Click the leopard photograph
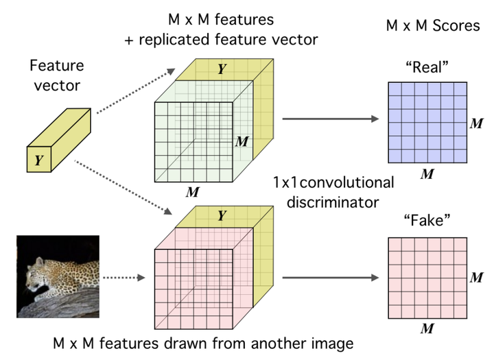58,276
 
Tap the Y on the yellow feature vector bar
38,160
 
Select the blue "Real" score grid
427,123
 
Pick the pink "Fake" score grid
427,278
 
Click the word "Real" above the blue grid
427,67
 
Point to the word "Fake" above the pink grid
427,220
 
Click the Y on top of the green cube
222,69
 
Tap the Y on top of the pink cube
222,216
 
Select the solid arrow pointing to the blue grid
331,119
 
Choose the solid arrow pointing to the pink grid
331,278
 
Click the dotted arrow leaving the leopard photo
124,278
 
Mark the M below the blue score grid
427,174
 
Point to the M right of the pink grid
476,278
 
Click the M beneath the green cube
193,192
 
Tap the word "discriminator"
333,202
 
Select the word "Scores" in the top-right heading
456,25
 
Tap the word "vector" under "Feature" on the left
57,86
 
